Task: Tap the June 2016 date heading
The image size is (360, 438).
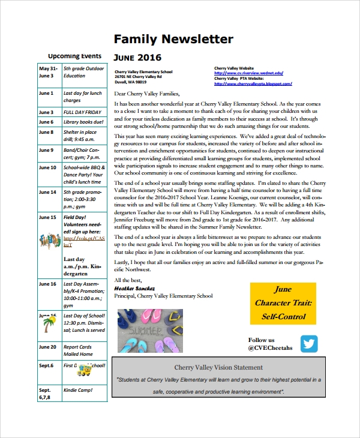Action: (x=137, y=58)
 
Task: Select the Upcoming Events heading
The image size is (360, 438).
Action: (x=75, y=56)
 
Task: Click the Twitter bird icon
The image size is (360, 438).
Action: (x=309, y=344)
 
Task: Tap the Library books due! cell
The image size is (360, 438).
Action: (x=83, y=122)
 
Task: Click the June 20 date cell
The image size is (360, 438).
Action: (x=47, y=347)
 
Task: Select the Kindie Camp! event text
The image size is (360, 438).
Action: (x=77, y=390)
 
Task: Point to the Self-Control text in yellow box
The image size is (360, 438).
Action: (x=283, y=316)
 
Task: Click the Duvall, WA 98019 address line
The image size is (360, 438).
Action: (x=131, y=82)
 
